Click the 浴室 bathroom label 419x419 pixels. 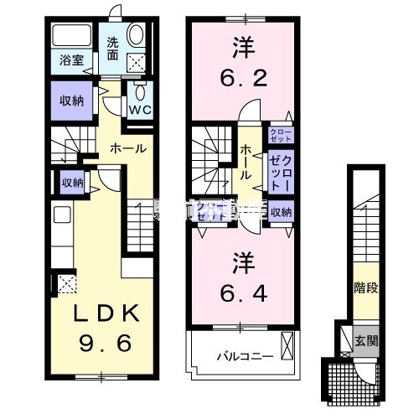pyautogui.click(x=70, y=60)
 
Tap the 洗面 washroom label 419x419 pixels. pyautogui.click(x=111, y=49)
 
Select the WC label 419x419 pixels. pyautogui.click(x=138, y=108)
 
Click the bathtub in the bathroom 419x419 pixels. pyautogui.click(x=72, y=37)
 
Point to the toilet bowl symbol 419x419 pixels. pyautogui.click(x=138, y=90)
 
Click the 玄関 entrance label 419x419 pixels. pyautogui.click(x=365, y=340)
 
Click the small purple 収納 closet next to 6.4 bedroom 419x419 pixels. pyautogui.click(x=282, y=212)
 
